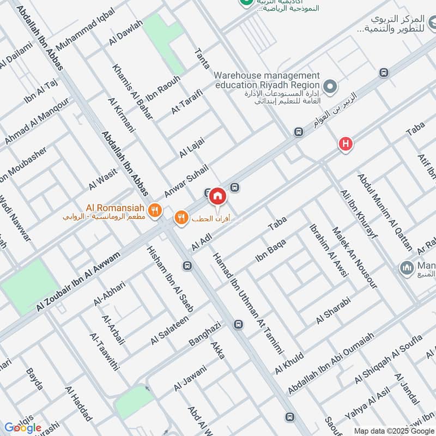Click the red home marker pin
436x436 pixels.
[217, 196]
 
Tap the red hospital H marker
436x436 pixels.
[344, 144]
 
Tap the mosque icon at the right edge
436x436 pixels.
[407, 268]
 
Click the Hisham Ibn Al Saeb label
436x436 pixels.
[170, 273]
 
